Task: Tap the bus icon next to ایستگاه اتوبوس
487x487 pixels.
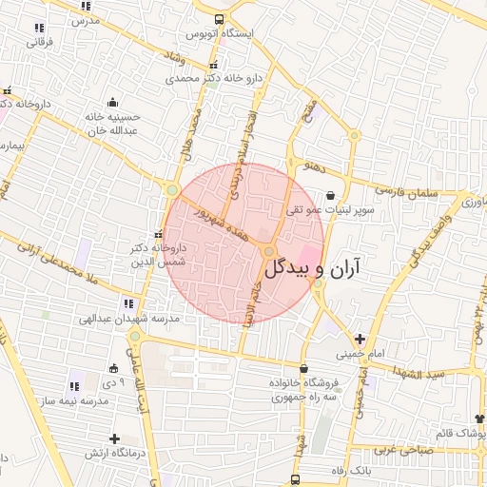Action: click(220, 19)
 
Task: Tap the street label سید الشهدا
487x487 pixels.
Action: click(437, 373)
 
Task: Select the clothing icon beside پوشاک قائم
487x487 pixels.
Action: click(479, 418)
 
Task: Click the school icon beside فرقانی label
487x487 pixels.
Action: click(39, 29)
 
